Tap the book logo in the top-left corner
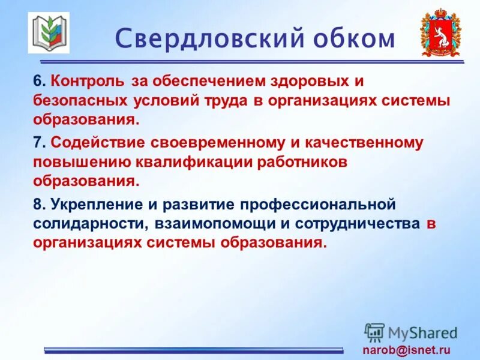(49, 33)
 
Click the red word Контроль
(88, 80)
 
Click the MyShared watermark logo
(411, 332)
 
